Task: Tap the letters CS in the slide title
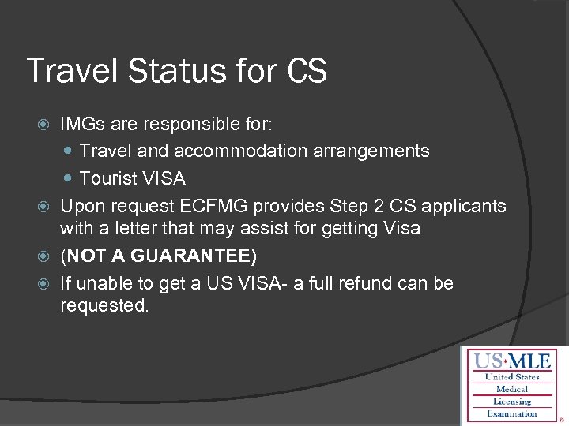(x=306, y=70)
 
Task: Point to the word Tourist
(x=107, y=178)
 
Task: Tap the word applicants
(x=466, y=207)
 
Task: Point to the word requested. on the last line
(x=104, y=306)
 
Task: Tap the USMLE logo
(x=511, y=386)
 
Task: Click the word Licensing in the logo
(x=512, y=402)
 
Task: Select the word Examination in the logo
(x=512, y=413)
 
